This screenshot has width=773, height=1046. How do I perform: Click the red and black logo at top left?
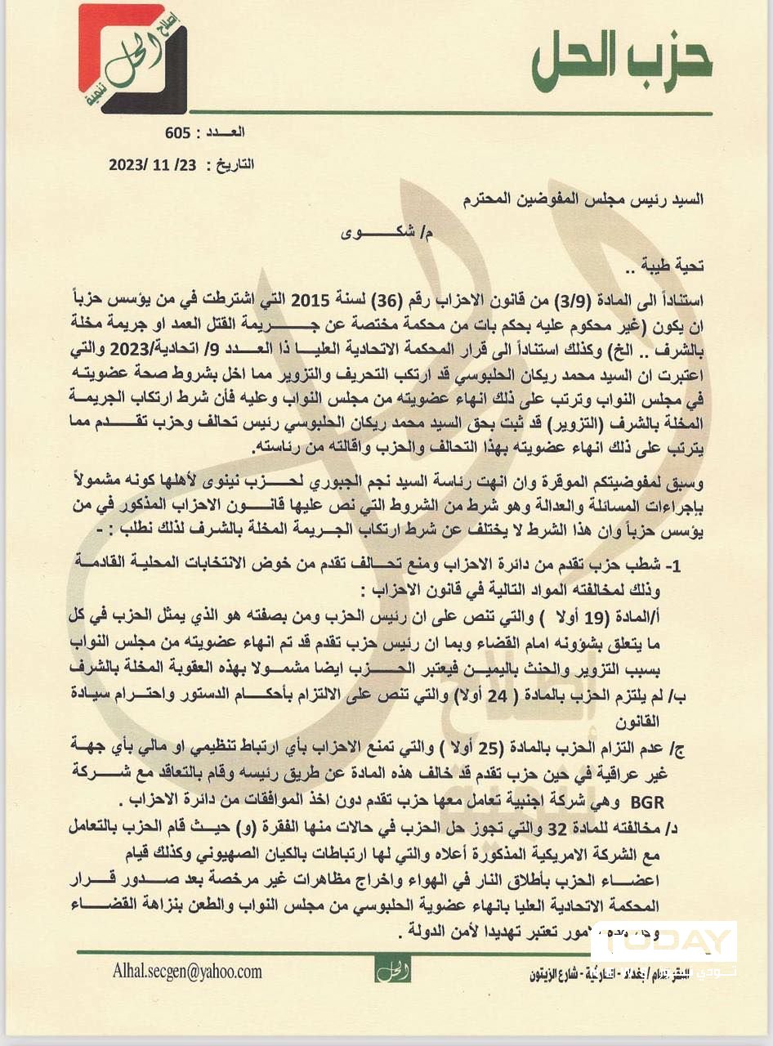coord(132,60)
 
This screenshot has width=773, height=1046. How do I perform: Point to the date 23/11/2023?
coord(154,164)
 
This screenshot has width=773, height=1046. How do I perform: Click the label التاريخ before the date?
coord(234,164)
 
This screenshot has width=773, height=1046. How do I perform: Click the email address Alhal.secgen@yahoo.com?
coord(188,972)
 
